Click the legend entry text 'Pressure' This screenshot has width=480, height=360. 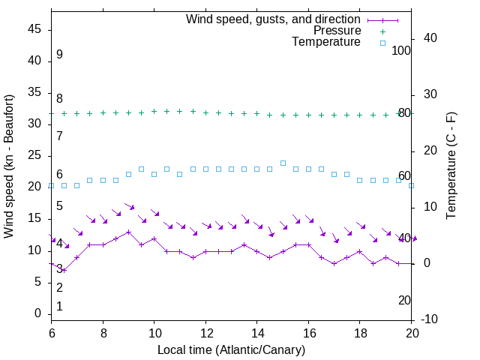[337, 31]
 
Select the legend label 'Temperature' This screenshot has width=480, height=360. [326, 42]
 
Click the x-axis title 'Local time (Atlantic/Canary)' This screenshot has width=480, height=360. [232, 349]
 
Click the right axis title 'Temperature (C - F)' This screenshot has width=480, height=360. [451, 166]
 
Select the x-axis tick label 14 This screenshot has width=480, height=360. [257, 332]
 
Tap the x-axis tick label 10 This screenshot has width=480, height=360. [154, 332]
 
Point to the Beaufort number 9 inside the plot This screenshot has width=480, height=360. [59, 55]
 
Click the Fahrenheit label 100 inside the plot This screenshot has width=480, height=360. [402, 50]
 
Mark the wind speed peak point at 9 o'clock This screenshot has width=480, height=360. [128, 232]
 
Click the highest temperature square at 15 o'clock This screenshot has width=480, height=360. [283, 163]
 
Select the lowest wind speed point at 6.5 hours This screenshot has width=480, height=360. [64, 270]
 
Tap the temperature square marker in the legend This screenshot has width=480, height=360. [382, 43]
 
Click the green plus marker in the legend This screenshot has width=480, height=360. [382, 31]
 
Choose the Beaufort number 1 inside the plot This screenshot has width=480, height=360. [59, 307]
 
